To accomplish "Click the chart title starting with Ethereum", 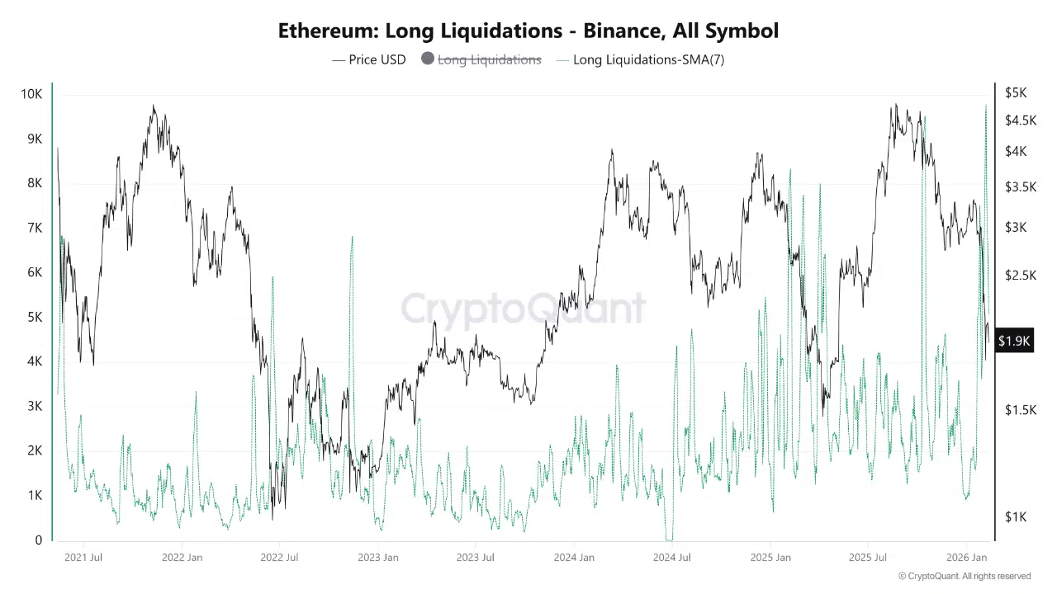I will [528, 31].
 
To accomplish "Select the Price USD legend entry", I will [369, 59].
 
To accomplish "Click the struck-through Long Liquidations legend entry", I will [489, 59].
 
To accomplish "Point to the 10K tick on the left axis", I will [31, 94].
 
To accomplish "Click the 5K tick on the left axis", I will [35, 318].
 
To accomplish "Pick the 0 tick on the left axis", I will [39, 540].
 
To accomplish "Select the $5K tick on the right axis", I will [1016, 92].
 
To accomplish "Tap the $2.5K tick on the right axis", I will [1021, 275].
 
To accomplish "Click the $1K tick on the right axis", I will [1016, 516].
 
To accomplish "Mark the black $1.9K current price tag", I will [1014, 341].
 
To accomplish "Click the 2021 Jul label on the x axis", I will [83, 558].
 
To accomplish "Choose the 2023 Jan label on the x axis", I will [378, 558].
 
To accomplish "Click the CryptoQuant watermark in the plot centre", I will [524, 309].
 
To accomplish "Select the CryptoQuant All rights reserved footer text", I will [964, 576].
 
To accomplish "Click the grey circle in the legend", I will [427, 59].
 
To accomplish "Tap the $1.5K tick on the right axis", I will [1021, 410].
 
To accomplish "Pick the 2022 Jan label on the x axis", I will [182, 558].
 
